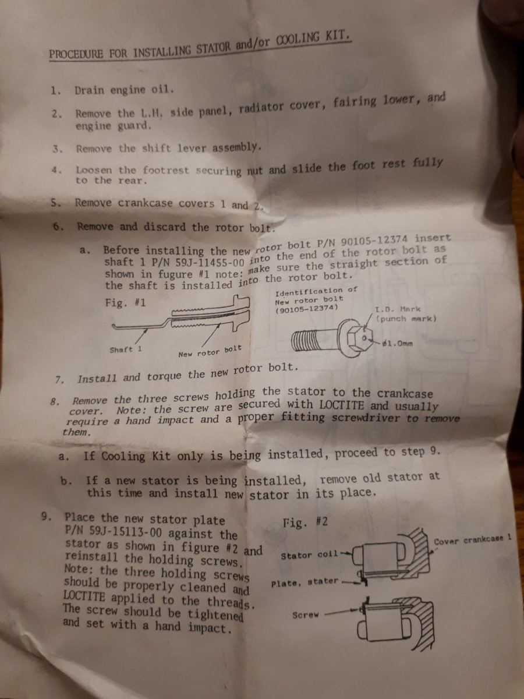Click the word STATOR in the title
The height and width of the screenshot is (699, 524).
click(213, 49)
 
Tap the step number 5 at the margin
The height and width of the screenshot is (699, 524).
click(55, 202)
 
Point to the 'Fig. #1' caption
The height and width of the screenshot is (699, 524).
click(125, 302)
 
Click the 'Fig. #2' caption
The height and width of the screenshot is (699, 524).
click(305, 522)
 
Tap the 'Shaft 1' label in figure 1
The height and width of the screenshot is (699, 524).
click(126, 349)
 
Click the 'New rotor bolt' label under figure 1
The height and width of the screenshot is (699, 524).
click(210, 351)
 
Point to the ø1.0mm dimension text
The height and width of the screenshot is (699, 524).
click(398, 343)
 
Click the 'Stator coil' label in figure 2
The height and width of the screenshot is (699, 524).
click(309, 555)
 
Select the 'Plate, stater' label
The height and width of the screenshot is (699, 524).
click(305, 582)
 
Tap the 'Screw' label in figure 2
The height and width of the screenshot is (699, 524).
click(306, 615)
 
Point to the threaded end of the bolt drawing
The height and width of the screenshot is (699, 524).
click(304, 340)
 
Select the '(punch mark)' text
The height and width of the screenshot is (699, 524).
click(406, 319)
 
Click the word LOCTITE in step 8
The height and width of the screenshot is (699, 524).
click(341, 405)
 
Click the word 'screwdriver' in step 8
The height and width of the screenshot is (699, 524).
click(366, 418)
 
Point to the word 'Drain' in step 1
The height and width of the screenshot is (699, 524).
click(90, 90)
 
